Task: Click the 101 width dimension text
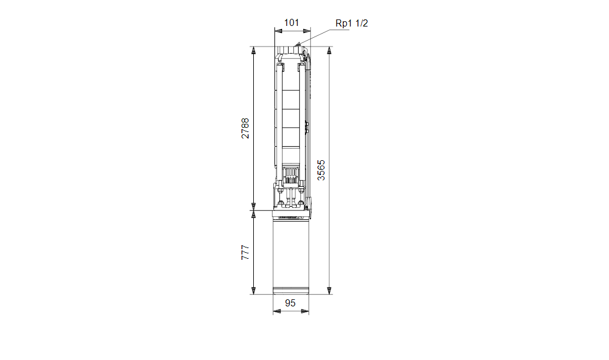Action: click(x=292, y=23)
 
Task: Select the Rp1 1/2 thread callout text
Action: click(x=352, y=23)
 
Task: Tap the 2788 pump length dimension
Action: click(x=245, y=128)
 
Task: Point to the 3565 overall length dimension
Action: click(x=321, y=170)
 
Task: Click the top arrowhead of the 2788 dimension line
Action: click(x=253, y=50)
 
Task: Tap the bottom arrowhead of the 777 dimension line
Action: click(x=253, y=290)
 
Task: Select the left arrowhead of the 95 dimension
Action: click(x=276, y=312)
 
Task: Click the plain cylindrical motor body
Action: click(x=291, y=253)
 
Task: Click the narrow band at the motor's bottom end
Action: click(x=291, y=290)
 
